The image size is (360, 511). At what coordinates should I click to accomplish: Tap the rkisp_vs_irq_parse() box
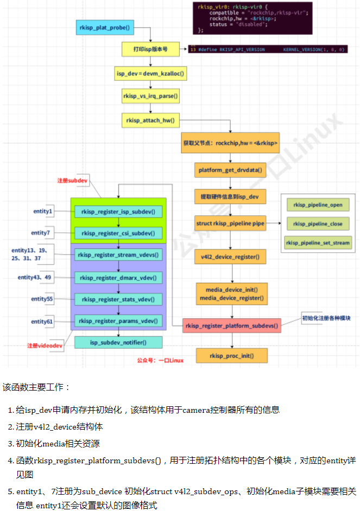click(x=150, y=96)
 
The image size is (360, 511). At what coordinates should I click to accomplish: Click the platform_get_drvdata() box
click(x=230, y=170)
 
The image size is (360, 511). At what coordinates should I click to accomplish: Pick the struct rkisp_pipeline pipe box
click(x=230, y=223)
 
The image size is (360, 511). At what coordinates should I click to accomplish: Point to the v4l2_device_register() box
click(x=230, y=256)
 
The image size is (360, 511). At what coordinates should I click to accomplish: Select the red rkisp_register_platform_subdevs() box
click(x=231, y=326)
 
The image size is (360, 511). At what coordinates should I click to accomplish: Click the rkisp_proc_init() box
click(x=231, y=356)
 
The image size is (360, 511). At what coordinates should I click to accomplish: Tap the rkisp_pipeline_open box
click(x=318, y=205)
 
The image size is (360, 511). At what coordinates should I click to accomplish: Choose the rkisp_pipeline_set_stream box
click(x=318, y=242)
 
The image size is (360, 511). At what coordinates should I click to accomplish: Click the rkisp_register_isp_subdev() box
click(x=118, y=212)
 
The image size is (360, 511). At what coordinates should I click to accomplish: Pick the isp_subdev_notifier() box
click(x=118, y=342)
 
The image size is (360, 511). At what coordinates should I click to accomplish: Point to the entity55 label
click(x=42, y=299)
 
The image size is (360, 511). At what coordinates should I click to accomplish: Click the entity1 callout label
click(x=43, y=211)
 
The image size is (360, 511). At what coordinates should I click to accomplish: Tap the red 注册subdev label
click(x=73, y=180)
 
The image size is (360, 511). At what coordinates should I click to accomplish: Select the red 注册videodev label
click(x=45, y=346)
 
